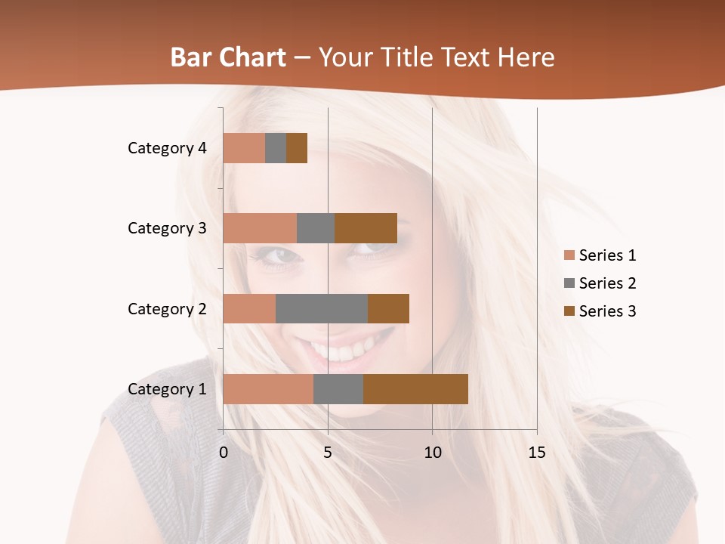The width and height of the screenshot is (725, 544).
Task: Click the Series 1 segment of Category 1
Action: (268, 389)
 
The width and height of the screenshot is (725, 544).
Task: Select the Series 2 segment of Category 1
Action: (338, 389)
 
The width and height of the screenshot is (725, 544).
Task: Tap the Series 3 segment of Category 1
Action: (415, 389)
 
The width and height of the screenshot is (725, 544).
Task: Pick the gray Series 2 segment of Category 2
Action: (322, 308)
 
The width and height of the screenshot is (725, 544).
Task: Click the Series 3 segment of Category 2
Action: (388, 308)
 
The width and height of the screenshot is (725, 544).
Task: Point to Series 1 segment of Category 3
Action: (260, 228)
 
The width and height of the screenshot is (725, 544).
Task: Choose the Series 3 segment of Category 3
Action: (366, 228)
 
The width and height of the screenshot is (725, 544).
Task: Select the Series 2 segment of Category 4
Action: (276, 148)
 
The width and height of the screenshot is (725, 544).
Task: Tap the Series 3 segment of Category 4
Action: (297, 148)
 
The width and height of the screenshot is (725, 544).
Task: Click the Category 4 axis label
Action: (167, 148)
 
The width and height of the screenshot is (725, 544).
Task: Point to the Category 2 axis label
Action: (167, 308)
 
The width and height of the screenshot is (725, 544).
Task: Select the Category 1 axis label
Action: (167, 389)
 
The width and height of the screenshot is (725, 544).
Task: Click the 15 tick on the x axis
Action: (537, 453)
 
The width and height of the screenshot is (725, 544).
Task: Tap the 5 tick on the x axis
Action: (328, 453)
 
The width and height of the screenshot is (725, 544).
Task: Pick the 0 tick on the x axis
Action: (224, 453)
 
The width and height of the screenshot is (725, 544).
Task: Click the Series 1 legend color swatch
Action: (569, 255)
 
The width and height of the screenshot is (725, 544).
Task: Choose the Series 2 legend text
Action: (608, 283)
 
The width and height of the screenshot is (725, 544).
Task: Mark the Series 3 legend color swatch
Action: (569, 311)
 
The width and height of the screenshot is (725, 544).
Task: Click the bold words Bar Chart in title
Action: (228, 57)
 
